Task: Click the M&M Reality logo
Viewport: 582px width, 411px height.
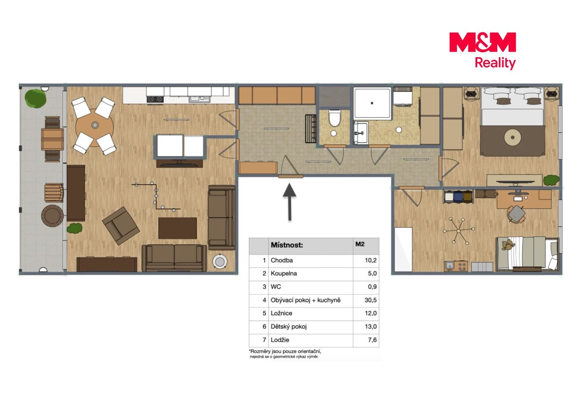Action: [x=482, y=51]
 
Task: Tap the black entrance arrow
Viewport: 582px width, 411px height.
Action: [x=289, y=202]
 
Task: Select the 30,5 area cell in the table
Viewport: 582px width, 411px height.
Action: [x=370, y=300]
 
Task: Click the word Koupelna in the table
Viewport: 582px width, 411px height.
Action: [x=284, y=273]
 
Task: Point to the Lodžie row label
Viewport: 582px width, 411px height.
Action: [x=280, y=340]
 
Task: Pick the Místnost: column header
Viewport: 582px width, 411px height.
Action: [x=287, y=245]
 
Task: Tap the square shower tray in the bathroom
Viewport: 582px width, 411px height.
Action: [x=372, y=103]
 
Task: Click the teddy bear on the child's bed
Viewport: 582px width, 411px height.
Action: [x=508, y=245]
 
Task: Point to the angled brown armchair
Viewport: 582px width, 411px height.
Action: [x=121, y=226]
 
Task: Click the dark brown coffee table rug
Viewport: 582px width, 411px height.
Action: [x=177, y=228]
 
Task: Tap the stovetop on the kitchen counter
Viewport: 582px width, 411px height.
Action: [x=155, y=99]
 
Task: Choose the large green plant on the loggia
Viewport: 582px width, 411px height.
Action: [x=35, y=98]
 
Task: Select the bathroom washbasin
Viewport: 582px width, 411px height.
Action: [x=361, y=132]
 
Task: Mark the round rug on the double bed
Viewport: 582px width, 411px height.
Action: [x=512, y=137]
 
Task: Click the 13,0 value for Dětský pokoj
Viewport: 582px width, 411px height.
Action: [x=370, y=327]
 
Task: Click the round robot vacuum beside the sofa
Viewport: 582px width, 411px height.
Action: [x=220, y=262]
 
